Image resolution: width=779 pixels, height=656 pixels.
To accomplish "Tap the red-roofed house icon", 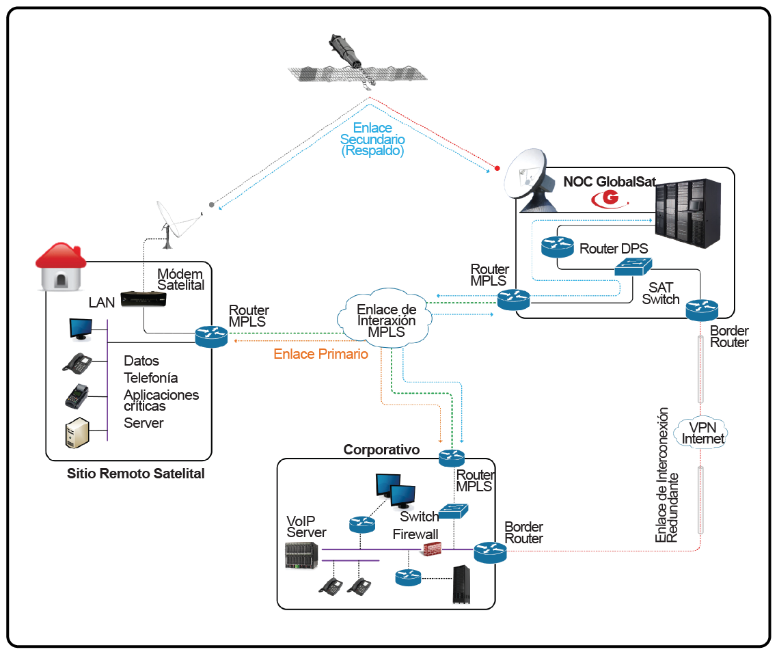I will tap(61, 266).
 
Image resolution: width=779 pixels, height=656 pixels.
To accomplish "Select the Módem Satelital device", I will tap(143, 299).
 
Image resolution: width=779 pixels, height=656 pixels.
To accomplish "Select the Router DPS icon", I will tap(557, 247).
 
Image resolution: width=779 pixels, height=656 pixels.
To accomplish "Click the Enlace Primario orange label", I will tap(320, 354).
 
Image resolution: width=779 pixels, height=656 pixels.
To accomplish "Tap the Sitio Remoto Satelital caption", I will tap(136, 473).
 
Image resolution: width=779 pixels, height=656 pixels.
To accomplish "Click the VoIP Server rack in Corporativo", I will tap(301, 555).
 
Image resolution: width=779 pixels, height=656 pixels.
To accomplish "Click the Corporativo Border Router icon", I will tap(489, 552).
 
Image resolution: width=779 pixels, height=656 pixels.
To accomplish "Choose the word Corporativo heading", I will tap(381, 450).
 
